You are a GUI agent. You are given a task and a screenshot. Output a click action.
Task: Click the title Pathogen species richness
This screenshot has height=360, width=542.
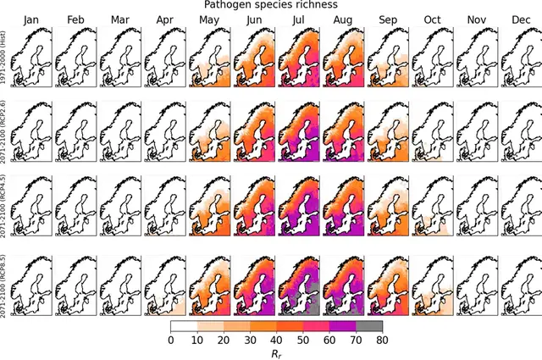tap(270, 5)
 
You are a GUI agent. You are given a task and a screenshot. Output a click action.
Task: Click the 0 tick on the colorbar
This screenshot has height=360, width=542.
tap(171, 340)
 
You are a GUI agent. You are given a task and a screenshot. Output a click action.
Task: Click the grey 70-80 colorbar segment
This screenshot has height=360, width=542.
tap(369, 325)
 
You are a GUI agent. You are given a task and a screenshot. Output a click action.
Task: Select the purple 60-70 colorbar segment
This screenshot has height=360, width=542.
tap(343, 325)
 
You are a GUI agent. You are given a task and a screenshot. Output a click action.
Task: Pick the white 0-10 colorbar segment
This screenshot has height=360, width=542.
tap(184, 325)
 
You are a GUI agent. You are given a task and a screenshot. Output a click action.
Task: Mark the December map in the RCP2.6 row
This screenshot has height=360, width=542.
tap(519, 130)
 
